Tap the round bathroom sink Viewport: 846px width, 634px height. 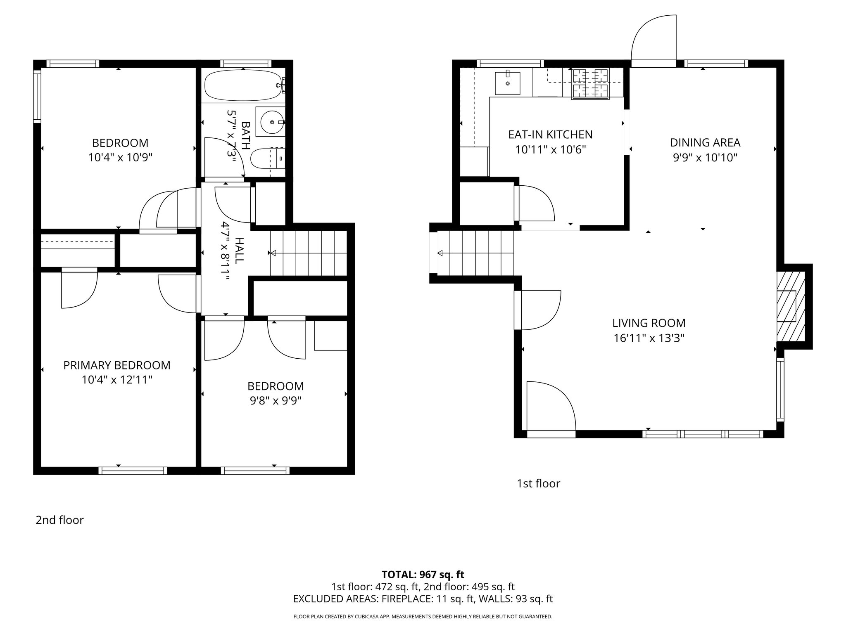(271, 122)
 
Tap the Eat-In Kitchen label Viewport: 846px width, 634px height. (550, 135)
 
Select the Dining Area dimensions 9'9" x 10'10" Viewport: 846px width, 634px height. (705, 158)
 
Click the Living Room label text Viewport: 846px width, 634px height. (649, 323)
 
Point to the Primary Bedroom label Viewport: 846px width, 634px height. (117, 365)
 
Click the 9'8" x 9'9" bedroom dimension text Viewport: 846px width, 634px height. (275, 401)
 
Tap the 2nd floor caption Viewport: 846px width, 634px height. (59, 520)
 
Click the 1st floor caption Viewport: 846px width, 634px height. (538, 484)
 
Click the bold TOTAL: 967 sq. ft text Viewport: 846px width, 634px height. (423, 575)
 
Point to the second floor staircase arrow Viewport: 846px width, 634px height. (273, 253)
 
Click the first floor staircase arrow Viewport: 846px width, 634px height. (440, 253)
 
